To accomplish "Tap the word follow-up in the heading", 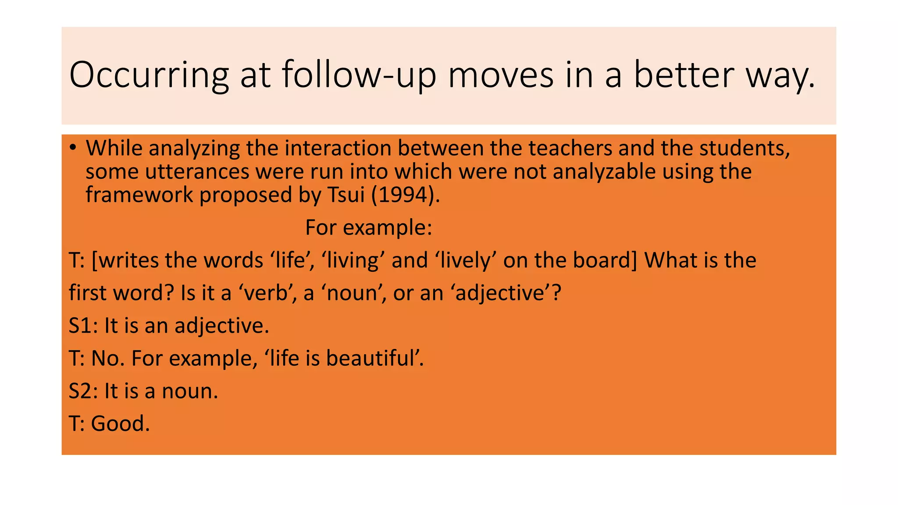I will (x=359, y=75).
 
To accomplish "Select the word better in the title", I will (x=684, y=75).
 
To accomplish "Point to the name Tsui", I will (x=346, y=195).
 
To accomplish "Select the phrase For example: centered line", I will (x=369, y=228).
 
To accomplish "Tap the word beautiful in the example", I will (x=374, y=358).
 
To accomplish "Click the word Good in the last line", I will (x=120, y=423).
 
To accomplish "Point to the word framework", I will (x=139, y=195).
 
